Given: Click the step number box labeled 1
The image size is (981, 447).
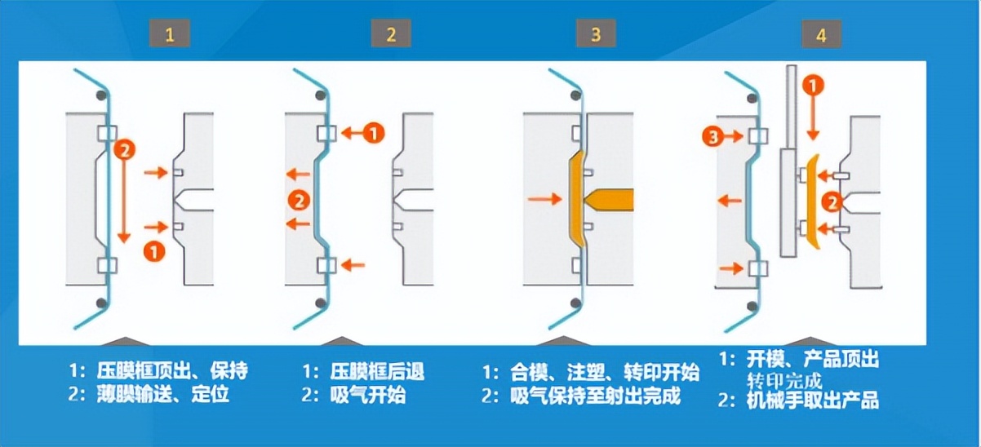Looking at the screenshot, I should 170,34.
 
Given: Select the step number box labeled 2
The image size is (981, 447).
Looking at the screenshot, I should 391,34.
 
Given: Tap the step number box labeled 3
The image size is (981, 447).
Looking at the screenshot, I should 595,34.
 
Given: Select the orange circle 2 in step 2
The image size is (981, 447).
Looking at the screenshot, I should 299,198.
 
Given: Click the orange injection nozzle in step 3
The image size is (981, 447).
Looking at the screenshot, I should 610,199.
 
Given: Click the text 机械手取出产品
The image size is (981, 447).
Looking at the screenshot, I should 812,401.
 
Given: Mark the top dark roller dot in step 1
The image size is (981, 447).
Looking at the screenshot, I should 103,96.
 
